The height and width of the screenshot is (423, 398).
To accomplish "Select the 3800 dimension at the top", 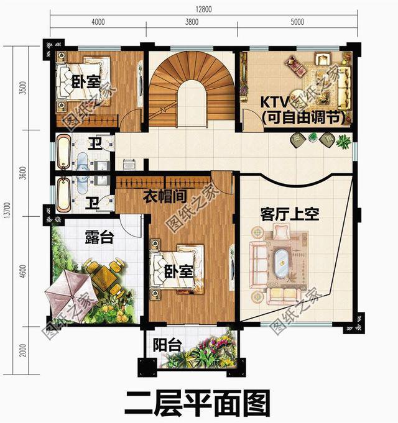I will tap(192, 22).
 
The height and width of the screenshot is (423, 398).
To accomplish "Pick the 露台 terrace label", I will tap(98, 236).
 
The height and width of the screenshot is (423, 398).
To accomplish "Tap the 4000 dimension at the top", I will tap(98, 22).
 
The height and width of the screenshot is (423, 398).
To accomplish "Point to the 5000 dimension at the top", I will tap(297, 22).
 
